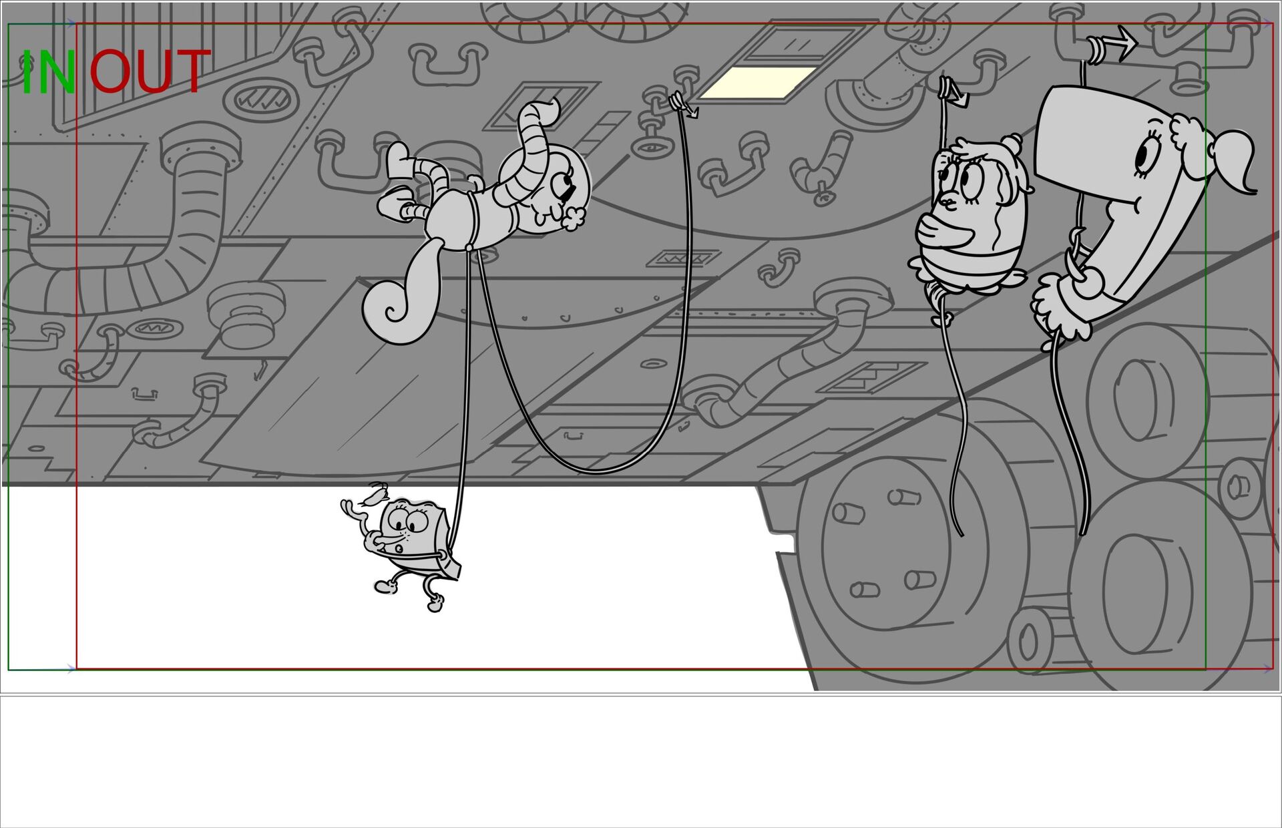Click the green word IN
(47, 71)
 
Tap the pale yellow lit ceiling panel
(759, 83)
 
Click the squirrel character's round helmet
(544, 187)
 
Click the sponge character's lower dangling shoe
(435, 604)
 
